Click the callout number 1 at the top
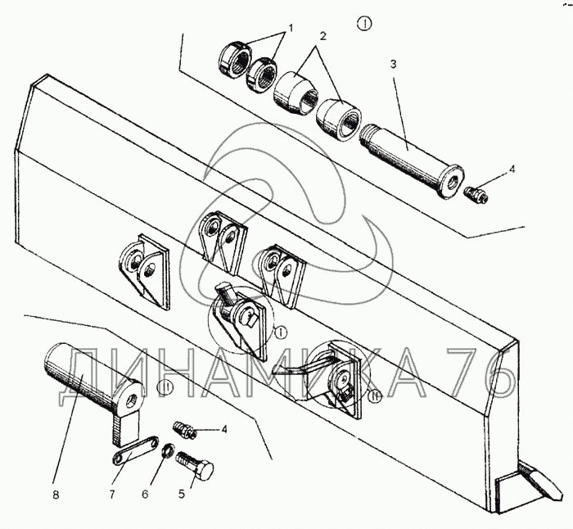coord(291,28)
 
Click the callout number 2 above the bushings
coord(323,36)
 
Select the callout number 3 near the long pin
coord(393,64)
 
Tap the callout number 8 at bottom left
coord(56,495)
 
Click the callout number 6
coord(145,495)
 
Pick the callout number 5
coord(182,495)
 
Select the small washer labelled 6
coord(169,450)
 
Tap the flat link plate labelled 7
coord(135,450)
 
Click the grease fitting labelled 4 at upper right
coord(477,194)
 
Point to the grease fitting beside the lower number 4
coord(184,430)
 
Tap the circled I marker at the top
coord(364,24)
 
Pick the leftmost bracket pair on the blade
coord(143,271)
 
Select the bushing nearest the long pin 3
coord(339,119)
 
